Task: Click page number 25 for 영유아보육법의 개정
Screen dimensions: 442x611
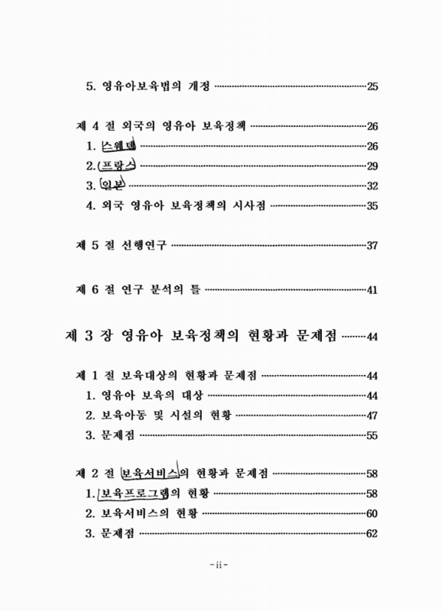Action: [372, 86]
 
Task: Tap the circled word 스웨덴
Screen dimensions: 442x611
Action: [121, 146]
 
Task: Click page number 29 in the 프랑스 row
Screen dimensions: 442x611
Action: [372, 166]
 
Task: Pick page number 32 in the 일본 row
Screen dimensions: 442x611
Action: [372, 186]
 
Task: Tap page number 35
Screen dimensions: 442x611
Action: [372, 205]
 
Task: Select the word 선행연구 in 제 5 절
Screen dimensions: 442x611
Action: [143, 245]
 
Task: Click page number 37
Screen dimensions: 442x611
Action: [372, 245]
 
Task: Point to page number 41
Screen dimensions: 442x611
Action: [372, 290]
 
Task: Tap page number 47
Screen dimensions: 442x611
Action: [372, 415]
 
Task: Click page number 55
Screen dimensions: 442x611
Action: [372, 435]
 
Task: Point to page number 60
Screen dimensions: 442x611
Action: [372, 513]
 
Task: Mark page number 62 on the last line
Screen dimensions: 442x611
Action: [372, 533]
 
